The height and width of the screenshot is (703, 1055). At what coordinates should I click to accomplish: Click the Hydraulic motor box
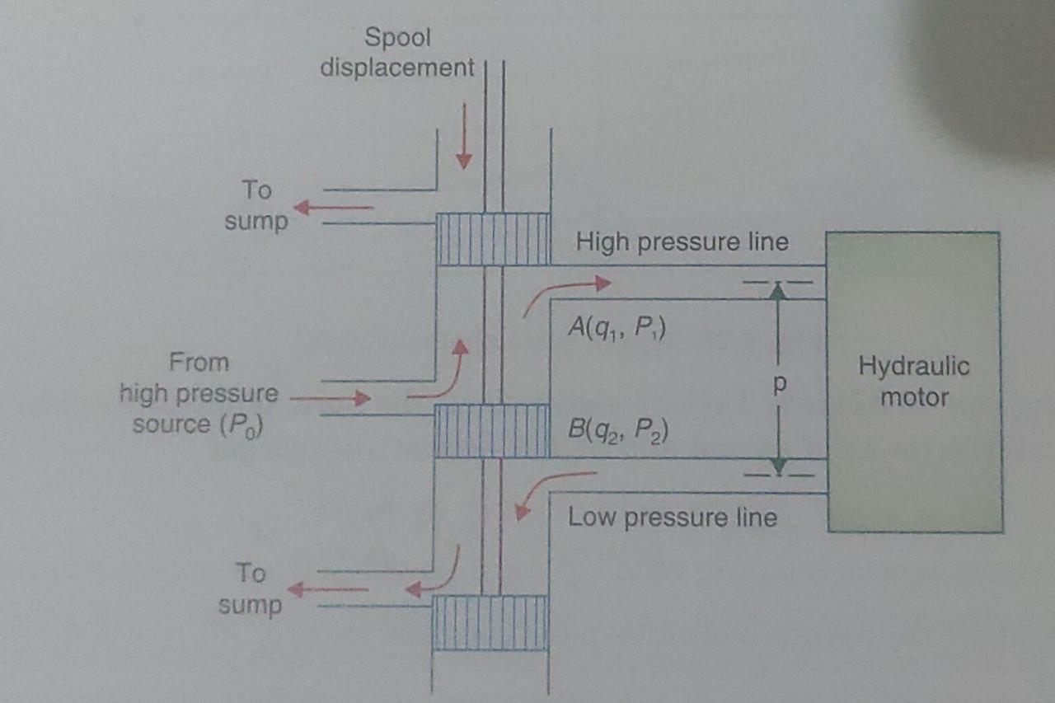click(x=914, y=382)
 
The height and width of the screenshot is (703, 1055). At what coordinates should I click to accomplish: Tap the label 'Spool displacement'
click(x=398, y=52)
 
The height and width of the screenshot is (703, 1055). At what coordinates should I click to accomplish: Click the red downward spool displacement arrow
click(x=464, y=136)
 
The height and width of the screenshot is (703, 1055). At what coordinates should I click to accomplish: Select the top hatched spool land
click(x=492, y=239)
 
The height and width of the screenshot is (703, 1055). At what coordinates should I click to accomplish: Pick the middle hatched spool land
click(x=491, y=430)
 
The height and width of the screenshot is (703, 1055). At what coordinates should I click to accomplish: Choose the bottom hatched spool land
click(x=490, y=622)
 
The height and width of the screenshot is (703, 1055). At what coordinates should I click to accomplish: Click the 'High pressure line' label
click(x=682, y=242)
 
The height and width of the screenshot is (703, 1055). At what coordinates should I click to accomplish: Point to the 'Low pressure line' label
click(x=673, y=518)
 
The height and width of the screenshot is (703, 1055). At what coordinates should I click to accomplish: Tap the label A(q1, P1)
click(x=617, y=329)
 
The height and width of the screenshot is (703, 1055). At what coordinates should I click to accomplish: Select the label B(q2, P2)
click(x=617, y=429)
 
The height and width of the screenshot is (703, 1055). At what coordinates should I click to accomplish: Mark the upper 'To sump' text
click(x=256, y=205)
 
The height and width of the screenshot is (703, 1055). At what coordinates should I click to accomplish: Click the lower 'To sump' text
click(x=251, y=588)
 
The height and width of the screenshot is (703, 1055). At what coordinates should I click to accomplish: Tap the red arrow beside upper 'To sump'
click(x=334, y=208)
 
